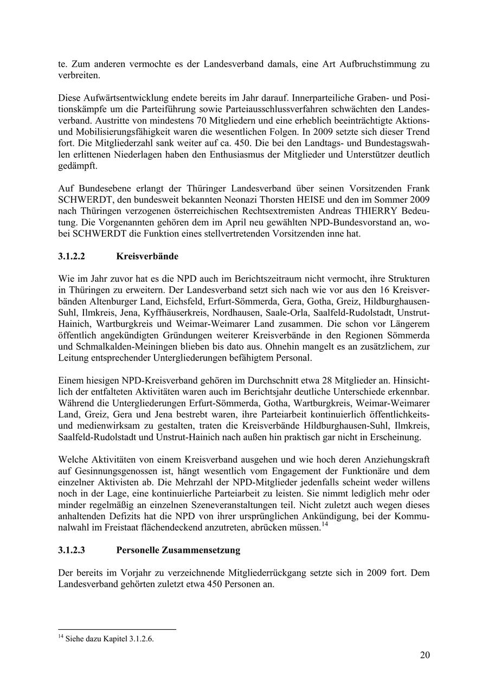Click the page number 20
point(425,655)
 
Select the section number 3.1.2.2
point(72,256)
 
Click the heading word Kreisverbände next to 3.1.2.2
point(147,256)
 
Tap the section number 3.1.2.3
point(72,551)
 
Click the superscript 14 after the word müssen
point(325,524)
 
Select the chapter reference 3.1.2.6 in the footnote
point(142,639)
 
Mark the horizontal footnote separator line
point(117,630)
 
